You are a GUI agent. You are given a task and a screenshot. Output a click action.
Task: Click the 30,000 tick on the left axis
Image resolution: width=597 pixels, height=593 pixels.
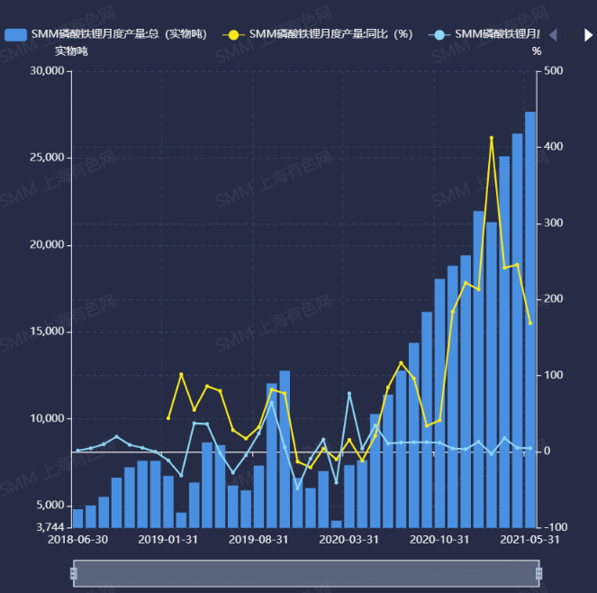(48, 71)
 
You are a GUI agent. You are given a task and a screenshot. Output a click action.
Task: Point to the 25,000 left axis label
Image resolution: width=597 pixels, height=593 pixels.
(48, 158)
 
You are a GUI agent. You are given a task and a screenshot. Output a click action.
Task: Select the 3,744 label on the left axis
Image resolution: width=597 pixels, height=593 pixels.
(52, 526)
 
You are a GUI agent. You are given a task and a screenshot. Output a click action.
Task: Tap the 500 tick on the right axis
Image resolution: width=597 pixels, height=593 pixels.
(555, 71)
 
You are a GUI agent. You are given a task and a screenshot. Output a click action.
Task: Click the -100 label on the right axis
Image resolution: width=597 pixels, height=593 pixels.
(556, 526)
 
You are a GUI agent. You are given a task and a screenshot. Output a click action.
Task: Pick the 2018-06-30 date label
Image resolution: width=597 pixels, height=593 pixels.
(77, 540)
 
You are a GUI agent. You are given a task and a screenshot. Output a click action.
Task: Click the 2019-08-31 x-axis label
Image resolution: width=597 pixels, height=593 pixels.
(258, 540)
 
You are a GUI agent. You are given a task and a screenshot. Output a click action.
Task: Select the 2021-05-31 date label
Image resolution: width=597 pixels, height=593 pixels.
(529, 540)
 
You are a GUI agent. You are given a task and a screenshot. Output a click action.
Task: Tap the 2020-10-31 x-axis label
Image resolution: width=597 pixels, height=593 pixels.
(439, 540)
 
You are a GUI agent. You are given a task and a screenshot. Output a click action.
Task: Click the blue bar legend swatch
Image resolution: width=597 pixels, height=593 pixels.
(15, 34)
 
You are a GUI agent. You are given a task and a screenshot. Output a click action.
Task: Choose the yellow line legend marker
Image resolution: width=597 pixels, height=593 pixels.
(233, 34)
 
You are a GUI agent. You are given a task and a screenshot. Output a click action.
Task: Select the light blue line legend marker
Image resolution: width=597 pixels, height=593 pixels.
(439, 34)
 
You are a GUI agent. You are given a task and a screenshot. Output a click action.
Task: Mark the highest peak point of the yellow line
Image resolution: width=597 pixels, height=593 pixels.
(492, 138)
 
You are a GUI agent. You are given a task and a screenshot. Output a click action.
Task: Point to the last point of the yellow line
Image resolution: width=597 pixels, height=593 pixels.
(530, 323)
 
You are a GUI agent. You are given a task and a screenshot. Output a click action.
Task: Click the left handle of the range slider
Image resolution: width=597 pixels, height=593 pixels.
(74, 573)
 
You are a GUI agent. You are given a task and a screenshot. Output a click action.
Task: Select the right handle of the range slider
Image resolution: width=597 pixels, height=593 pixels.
(538, 573)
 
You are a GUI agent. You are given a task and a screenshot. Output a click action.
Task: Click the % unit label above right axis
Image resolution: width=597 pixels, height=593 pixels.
(537, 51)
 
